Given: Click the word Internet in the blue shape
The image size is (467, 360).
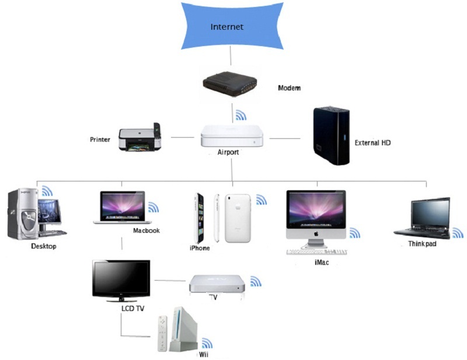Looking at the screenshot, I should tap(227, 27).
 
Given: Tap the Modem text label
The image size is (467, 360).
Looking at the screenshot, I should tap(289, 88).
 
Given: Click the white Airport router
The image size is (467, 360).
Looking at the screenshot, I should tap(232, 137).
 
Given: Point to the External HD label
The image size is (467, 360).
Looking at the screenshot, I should tap(372, 142).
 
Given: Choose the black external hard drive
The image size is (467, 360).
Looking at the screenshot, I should tap(331, 135).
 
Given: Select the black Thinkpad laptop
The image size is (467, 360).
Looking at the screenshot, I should tap(423, 218).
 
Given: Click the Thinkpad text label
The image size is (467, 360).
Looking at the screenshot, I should tap(422, 244).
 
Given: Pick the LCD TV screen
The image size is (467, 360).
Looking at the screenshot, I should tap(121, 279).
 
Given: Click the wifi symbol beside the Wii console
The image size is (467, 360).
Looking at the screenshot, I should tap(207, 343).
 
